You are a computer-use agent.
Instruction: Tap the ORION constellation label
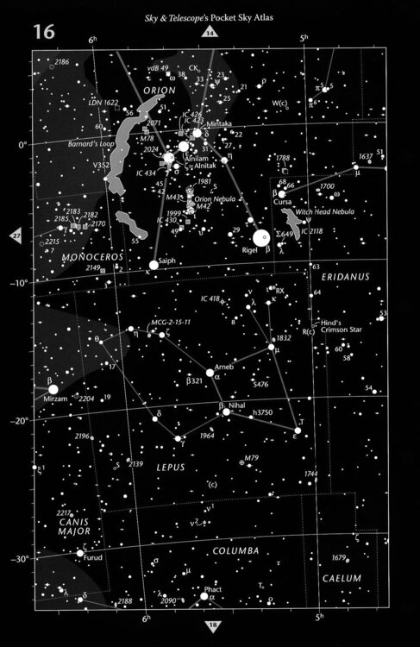[x=160, y=90]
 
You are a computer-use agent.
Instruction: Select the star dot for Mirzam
[x=53, y=389]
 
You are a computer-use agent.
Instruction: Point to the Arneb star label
[x=224, y=365]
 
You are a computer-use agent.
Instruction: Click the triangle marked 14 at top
[x=210, y=34]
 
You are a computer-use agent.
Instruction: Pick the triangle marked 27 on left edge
[x=16, y=236]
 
